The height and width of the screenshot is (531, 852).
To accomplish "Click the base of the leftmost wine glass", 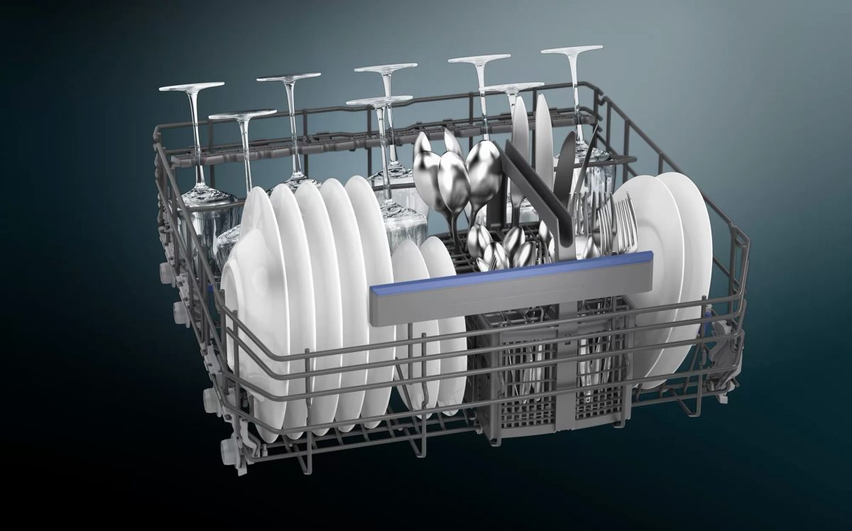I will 191,87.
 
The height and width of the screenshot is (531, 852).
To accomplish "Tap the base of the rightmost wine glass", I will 572,50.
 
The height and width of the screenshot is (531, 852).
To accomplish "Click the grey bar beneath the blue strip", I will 511,291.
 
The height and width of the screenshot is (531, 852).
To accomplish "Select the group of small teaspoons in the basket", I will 508,248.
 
